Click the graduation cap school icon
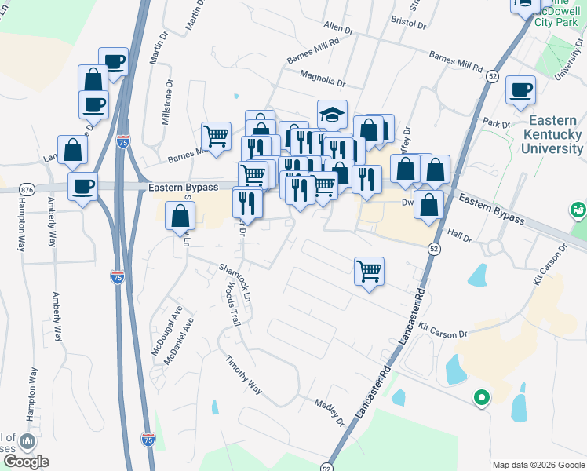point(332,114)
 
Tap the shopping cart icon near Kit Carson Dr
point(369,272)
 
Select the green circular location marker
point(481,399)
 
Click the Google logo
point(26,462)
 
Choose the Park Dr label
point(497,123)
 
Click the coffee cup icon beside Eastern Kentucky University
point(520,90)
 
